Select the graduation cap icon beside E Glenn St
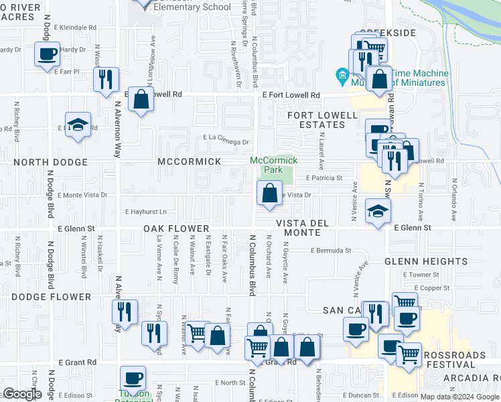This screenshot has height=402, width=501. [378, 211]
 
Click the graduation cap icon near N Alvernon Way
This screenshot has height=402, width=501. [78, 125]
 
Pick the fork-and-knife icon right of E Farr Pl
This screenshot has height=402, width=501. [106, 79]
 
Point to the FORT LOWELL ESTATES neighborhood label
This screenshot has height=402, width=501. [322, 120]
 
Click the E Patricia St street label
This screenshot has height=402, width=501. [324, 178]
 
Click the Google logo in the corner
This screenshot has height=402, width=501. [22, 394]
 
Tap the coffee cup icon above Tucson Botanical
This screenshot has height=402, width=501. [133, 378]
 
